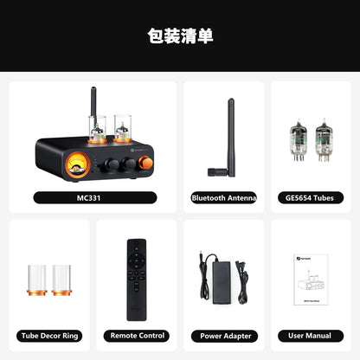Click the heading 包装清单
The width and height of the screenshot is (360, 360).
(180, 36)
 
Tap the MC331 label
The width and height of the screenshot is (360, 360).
(95, 197)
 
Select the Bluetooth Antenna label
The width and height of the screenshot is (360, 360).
(224, 197)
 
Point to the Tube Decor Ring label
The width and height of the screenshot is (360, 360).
(49, 335)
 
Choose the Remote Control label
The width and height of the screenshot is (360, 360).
(137, 335)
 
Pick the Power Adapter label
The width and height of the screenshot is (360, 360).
(224, 335)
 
